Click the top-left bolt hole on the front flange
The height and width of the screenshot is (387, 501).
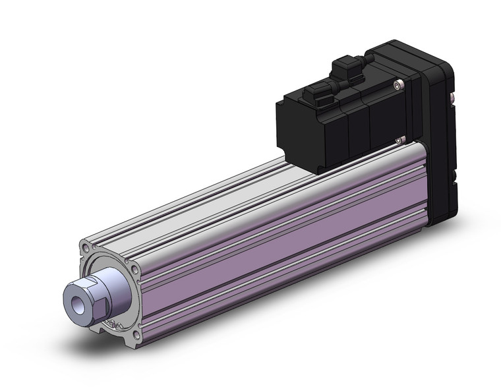86,248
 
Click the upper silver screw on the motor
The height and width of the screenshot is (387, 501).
397,84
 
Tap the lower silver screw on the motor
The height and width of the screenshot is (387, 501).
399,139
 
